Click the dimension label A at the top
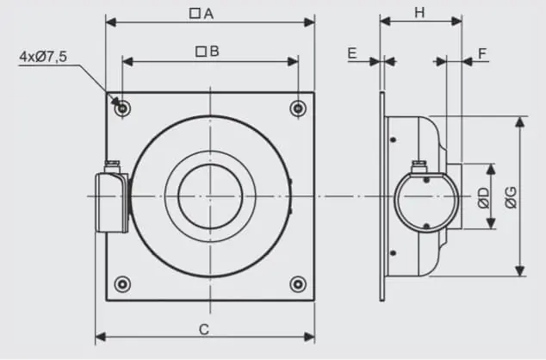[209, 14]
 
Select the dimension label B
[214, 52]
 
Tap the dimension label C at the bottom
[204, 329]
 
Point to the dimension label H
[420, 13]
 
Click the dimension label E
[352, 53]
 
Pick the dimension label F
[482, 53]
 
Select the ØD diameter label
[484, 198]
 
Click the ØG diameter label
[511, 198]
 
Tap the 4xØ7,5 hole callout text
[43, 56]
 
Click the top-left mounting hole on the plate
[122, 109]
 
